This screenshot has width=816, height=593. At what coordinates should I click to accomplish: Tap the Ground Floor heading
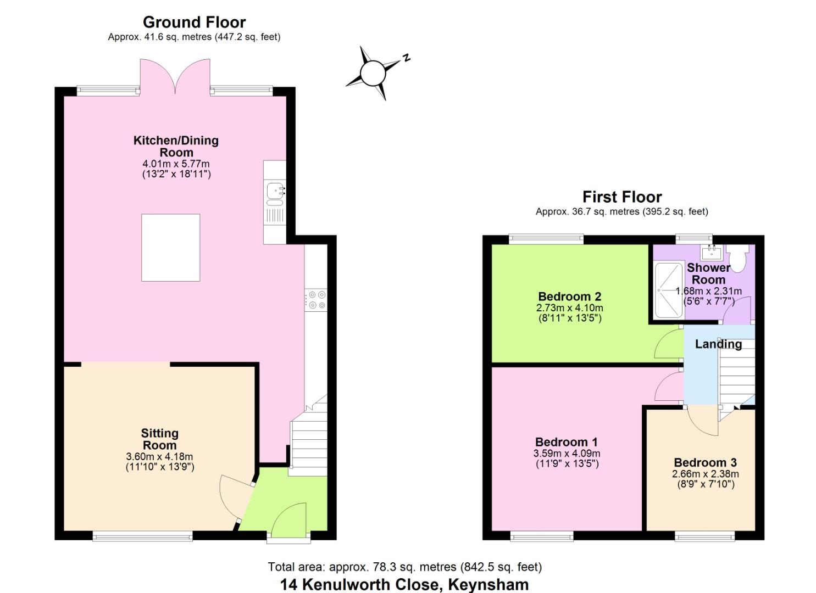click(x=194, y=23)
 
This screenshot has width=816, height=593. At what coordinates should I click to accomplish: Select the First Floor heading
click(x=622, y=197)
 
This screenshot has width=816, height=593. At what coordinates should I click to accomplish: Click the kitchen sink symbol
click(x=275, y=192)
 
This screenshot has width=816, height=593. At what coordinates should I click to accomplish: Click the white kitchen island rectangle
click(x=170, y=248)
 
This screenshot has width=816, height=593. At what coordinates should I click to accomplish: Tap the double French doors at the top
click(x=175, y=76)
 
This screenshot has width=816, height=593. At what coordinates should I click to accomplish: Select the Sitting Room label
click(x=159, y=439)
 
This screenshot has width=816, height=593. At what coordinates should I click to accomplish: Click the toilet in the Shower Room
click(x=737, y=257)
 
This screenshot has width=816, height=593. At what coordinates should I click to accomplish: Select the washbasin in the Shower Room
click(x=712, y=253)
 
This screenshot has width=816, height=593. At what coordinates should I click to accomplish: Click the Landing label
click(x=718, y=344)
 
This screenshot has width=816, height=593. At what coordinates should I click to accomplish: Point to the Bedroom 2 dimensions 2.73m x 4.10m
click(x=569, y=308)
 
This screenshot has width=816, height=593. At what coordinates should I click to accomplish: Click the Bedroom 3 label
click(x=705, y=462)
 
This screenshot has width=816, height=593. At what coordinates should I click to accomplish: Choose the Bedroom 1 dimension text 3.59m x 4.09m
click(x=567, y=454)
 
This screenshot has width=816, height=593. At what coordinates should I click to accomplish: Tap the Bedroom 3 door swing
click(x=702, y=420)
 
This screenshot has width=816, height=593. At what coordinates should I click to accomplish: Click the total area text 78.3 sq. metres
click(x=404, y=567)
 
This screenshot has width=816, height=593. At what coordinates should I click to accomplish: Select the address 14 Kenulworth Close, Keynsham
click(x=404, y=584)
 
